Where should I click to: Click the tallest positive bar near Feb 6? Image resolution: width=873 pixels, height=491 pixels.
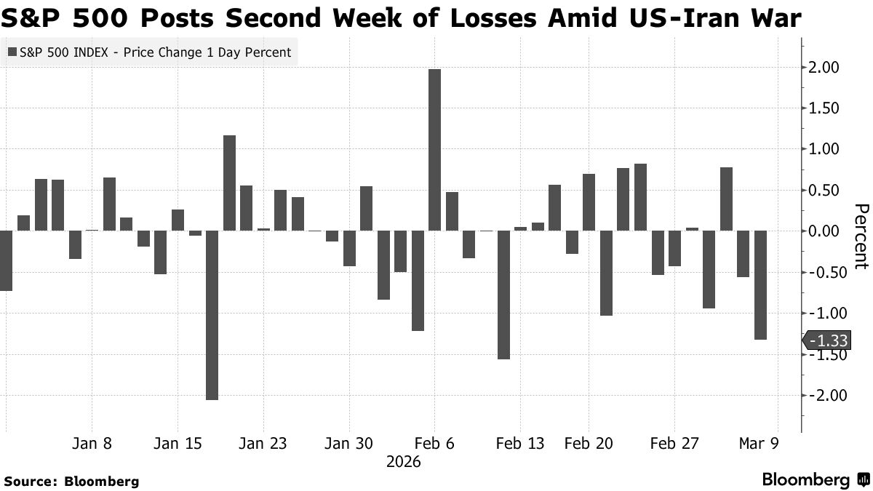coord(435,150)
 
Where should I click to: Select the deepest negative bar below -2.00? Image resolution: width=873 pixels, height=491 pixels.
coord(212,315)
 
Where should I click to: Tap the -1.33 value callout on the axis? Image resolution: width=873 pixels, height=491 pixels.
coord(829,340)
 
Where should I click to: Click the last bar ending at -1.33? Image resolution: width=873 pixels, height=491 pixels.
coord(760,285)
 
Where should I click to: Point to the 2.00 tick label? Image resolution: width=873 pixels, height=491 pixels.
coord(822,68)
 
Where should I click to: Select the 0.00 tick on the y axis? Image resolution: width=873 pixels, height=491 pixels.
coord(822,231)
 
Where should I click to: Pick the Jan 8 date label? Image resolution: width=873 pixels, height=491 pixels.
coord(92,444)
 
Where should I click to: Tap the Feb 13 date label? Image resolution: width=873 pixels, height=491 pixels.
coord(519,444)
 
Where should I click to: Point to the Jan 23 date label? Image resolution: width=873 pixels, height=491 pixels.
coord(263,444)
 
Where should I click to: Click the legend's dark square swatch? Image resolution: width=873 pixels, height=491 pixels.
coord(12,52)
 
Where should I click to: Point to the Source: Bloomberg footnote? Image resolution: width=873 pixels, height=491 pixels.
coord(71,481)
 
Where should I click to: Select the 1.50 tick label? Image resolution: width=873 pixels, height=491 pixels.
coord(822,108)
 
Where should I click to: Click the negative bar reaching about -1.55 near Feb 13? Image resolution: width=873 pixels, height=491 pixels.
coord(503,295)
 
